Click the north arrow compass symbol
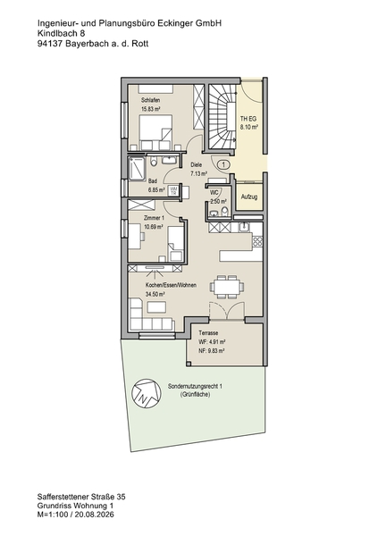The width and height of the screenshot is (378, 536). tap(147, 393)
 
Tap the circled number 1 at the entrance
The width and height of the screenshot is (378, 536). tap(223, 164)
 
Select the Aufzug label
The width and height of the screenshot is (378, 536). tap(249, 197)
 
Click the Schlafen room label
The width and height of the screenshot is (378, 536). tap(150, 100)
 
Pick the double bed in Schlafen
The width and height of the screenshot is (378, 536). tap(155, 132)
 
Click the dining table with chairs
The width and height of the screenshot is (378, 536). tap(227, 286)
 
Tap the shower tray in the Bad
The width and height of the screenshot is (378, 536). tap(137, 168)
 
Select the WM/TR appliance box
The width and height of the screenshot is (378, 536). tap(173, 191)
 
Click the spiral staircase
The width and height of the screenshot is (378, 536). tap(222, 117)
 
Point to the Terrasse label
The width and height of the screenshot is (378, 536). tap(208, 332)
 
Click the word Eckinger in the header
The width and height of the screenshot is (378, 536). tap(176, 23)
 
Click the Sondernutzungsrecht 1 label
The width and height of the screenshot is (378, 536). tap(195, 386)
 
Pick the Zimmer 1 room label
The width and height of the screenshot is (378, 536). tap(154, 218)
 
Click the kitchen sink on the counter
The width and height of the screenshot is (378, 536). tap(245, 227)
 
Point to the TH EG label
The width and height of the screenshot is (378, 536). tap(248, 119)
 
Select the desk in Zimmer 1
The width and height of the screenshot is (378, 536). tap(135, 236)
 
